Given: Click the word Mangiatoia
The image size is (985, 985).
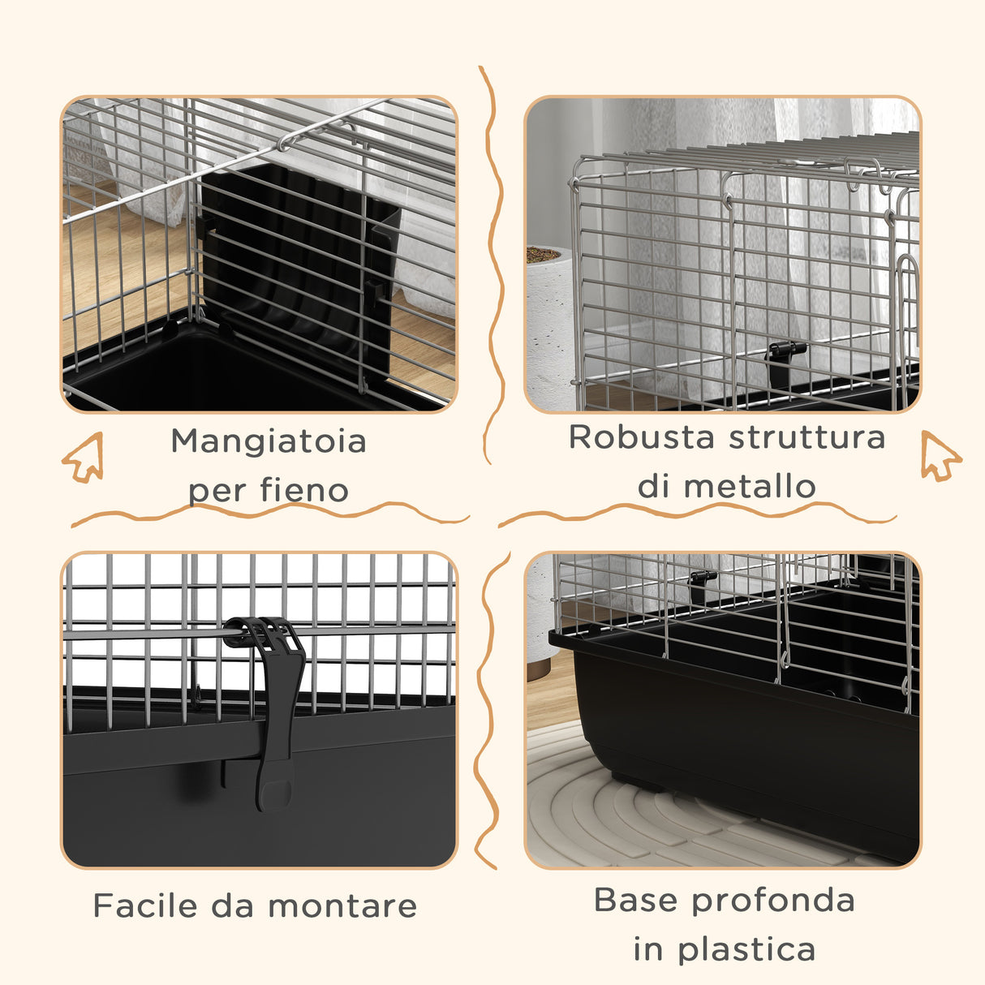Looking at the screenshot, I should click(269, 442).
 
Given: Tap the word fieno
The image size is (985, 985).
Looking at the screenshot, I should click(304, 490).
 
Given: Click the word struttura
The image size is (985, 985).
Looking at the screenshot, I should click(806, 437).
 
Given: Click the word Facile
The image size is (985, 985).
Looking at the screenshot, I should click(145, 905).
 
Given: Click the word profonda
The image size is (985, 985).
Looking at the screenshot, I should click(774, 900).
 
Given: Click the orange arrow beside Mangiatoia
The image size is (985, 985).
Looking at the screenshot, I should click(84, 458).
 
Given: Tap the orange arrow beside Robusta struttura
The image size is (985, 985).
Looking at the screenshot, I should click(940, 456).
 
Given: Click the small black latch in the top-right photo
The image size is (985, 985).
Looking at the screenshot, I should click(785, 358).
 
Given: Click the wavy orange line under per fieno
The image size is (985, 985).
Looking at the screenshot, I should click(268, 513).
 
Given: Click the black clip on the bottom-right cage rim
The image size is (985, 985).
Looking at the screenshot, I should click(702, 579).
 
